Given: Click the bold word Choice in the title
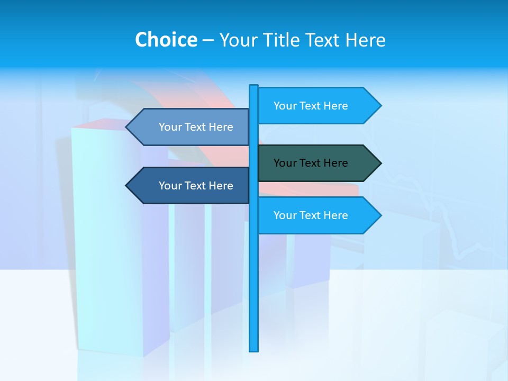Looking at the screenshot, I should click(x=166, y=40).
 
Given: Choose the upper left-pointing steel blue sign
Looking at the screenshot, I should click(x=190, y=127).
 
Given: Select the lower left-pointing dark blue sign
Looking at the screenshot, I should click(x=190, y=186).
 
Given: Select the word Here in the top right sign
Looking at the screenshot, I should click(x=335, y=106).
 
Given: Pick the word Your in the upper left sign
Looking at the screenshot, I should click(x=170, y=127).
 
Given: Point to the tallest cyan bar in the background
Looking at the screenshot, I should click(x=106, y=238).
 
